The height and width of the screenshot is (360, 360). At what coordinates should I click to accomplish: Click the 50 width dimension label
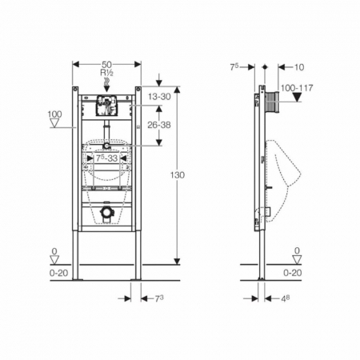coord(106,65)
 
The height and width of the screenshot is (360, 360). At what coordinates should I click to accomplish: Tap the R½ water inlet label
coord(106,72)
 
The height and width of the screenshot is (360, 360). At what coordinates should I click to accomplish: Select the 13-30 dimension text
coord(159,97)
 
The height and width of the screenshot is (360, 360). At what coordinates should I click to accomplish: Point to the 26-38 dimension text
coord(159,125)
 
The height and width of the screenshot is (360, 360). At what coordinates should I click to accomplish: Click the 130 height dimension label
coord(178,175)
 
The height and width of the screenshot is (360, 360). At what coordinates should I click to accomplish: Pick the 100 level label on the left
coord(54,114)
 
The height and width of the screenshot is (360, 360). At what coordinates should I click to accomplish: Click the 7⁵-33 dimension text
coord(106,158)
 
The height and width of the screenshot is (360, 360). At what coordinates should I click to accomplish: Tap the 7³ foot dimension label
coord(159,299)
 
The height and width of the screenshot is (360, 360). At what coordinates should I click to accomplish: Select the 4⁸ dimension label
coord(286,299)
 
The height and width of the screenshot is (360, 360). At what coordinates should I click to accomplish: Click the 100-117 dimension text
coord(297,88)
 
